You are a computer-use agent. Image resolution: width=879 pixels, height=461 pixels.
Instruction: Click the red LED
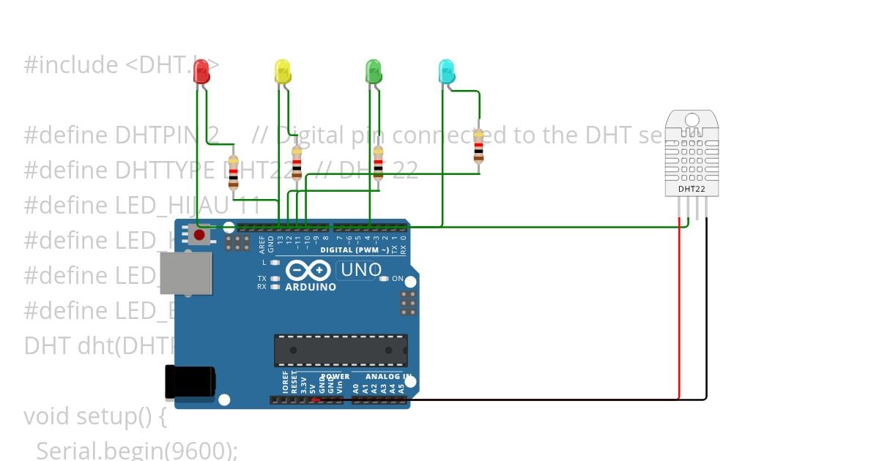point(201,72)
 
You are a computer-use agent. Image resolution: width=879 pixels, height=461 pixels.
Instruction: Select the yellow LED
point(282,72)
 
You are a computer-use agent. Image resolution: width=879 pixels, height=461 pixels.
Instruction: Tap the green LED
point(374,72)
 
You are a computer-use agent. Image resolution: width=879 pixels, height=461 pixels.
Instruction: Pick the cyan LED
point(445,72)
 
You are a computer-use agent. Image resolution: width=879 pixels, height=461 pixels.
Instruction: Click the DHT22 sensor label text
point(691,189)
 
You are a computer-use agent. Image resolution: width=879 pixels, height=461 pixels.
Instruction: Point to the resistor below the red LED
point(234,171)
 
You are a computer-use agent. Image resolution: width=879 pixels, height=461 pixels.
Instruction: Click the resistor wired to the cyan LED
point(478,146)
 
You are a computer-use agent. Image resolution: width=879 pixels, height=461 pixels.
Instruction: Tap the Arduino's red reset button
point(198,235)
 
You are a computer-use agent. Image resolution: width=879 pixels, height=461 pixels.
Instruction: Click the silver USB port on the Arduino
point(185,274)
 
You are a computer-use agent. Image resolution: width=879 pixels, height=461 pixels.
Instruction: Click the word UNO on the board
point(360,270)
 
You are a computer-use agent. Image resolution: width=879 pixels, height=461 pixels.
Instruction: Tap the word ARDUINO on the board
point(311,287)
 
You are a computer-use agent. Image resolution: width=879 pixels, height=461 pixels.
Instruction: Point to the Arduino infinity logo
point(308,271)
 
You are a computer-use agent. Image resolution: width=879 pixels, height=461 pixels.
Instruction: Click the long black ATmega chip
point(341,351)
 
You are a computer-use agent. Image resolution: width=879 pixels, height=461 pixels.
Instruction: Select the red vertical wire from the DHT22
point(679,315)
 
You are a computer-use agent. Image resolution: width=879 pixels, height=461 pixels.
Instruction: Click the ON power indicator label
point(397,279)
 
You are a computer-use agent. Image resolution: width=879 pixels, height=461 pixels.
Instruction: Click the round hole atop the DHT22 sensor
point(691,120)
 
